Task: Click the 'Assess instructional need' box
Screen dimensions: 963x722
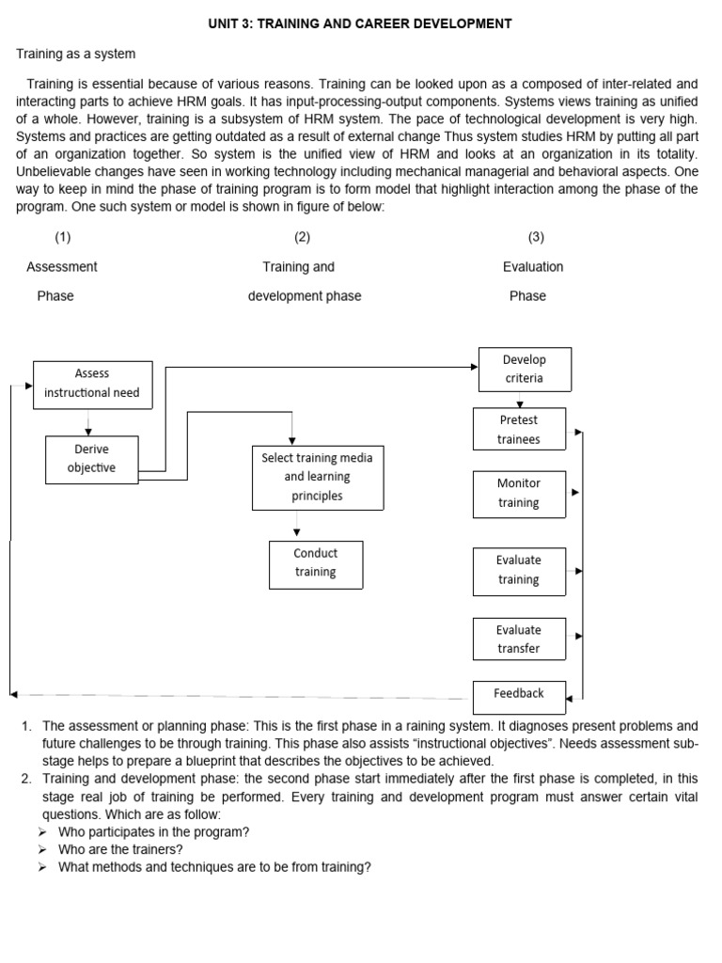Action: pyautogui.click(x=92, y=384)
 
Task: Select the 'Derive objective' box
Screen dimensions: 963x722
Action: pyautogui.click(x=92, y=458)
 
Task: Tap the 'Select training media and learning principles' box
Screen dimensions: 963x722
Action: pyautogui.click(x=317, y=477)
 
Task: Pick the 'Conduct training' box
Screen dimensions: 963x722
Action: pyautogui.click(x=315, y=563)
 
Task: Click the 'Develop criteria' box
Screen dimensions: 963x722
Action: pyautogui.click(x=524, y=370)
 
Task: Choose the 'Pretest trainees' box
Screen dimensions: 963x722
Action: pyautogui.click(x=519, y=430)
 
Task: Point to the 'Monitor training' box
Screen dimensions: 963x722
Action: pyautogui.click(x=519, y=494)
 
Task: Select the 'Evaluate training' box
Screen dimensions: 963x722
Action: pyautogui.click(x=519, y=571)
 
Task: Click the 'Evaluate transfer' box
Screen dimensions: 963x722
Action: pyautogui.click(x=519, y=639)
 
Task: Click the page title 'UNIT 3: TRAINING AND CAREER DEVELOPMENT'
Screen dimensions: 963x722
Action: pyautogui.click(x=360, y=24)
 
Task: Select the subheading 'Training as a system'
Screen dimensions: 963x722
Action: pyautogui.click(x=76, y=55)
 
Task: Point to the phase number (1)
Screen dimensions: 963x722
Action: pyautogui.click(x=63, y=237)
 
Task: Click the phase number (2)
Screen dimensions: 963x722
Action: pyautogui.click(x=302, y=237)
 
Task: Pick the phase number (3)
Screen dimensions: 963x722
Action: pyautogui.click(x=536, y=237)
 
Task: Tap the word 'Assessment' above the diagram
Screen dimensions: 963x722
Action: pyautogui.click(x=62, y=267)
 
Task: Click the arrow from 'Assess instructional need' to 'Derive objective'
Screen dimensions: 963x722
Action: pyautogui.click(x=88, y=421)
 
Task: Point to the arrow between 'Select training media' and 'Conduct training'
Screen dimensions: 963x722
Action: pyautogui.click(x=297, y=526)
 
